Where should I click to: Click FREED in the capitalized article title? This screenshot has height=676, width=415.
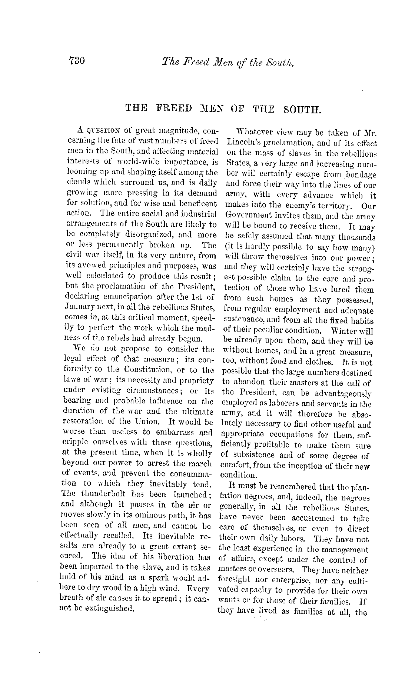click(x=175, y=109)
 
